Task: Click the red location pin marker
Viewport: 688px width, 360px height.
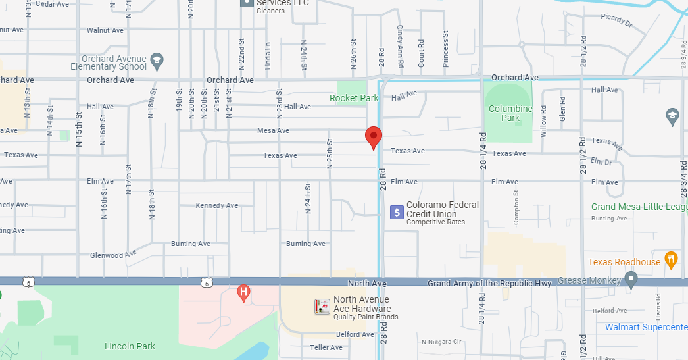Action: (374, 137)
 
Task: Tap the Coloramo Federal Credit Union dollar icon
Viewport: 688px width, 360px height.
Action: (397, 212)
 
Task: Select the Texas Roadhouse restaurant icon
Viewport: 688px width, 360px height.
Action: (671, 258)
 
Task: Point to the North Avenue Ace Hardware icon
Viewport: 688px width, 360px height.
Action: (322, 307)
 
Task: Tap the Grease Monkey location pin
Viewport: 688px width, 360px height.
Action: (631, 280)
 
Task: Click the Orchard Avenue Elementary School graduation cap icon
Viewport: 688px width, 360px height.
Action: (157, 62)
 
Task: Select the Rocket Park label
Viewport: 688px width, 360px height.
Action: (354, 98)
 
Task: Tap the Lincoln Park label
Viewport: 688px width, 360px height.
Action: (130, 346)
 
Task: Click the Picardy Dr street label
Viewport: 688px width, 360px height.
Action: (616, 22)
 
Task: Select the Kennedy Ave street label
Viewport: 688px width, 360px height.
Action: (217, 205)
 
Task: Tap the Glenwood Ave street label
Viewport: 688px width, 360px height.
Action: (112, 255)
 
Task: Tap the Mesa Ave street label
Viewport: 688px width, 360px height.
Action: (273, 130)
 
